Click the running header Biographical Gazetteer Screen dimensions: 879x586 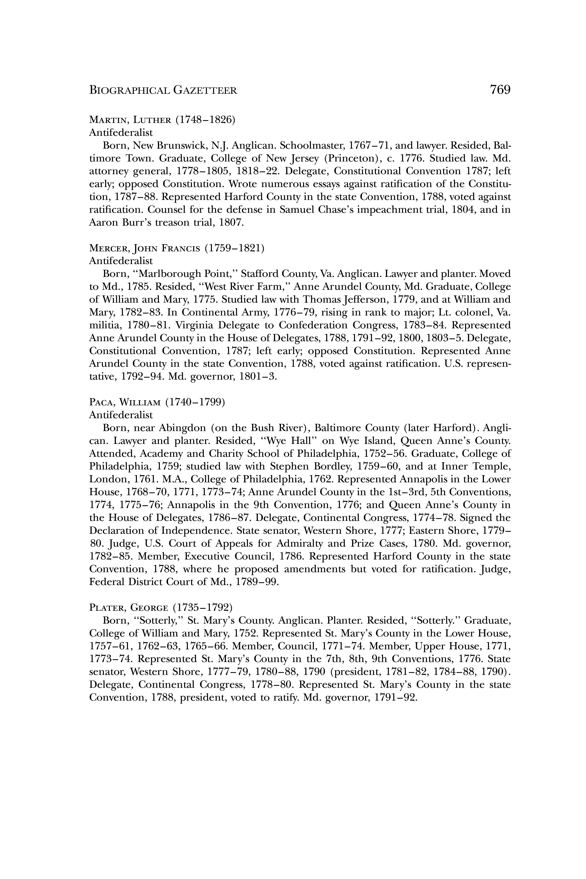[x=163, y=91]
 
